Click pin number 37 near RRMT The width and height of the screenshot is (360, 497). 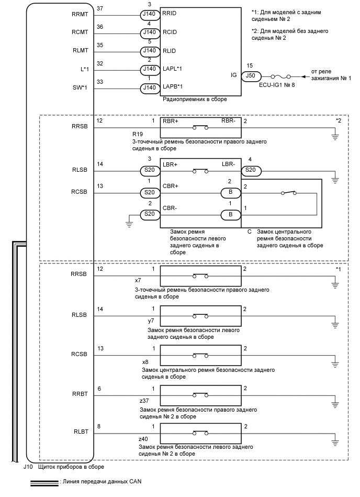(100, 9)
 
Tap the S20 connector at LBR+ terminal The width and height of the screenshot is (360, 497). (149, 170)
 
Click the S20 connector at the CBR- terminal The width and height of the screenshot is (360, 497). (149, 214)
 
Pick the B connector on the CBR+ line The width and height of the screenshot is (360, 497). (231, 192)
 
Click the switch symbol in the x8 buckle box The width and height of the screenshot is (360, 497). (200, 355)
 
